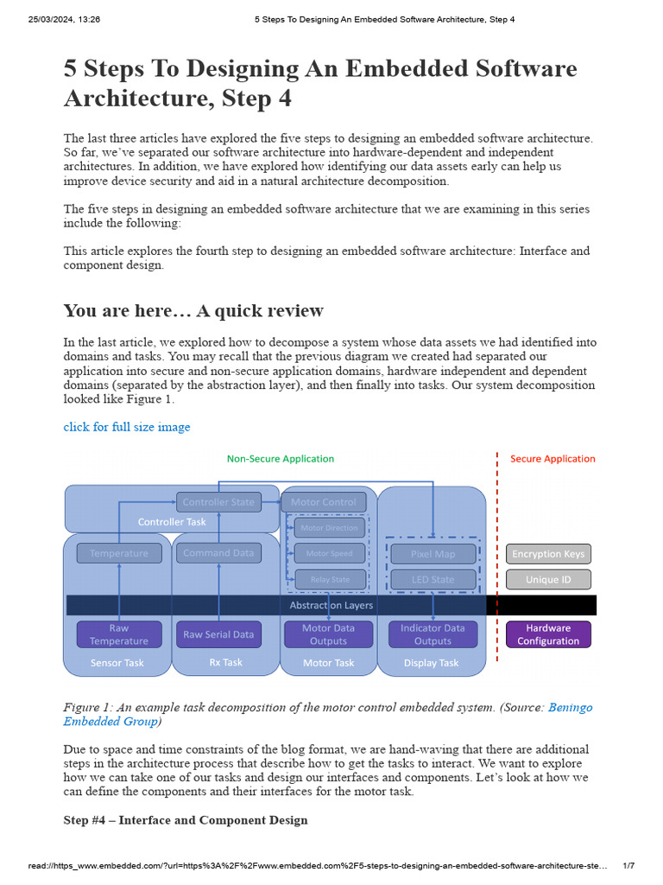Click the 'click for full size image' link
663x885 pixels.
pyautogui.click(x=127, y=427)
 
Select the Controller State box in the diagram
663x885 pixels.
pyautogui.click(x=218, y=502)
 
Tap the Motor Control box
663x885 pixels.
pyautogui.click(x=324, y=502)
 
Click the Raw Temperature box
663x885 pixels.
pyautogui.click(x=119, y=634)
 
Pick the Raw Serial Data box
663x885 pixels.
pyautogui.click(x=218, y=634)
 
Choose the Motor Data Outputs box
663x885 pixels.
pyautogui.click(x=328, y=634)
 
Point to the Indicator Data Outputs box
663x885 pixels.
pyautogui.click(x=433, y=634)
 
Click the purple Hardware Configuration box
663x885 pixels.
pyautogui.click(x=548, y=634)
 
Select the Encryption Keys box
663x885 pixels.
pyautogui.click(x=548, y=554)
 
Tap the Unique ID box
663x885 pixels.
pyautogui.click(x=548, y=580)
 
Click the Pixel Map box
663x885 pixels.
pyautogui.click(x=433, y=554)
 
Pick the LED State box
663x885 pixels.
pyautogui.click(x=433, y=579)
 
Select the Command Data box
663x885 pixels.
pyautogui.click(x=218, y=553)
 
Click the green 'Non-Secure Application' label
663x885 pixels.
pyautogui.click(x=281, y=459)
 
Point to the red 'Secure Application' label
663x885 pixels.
pyautogui.click(x=552, y=459)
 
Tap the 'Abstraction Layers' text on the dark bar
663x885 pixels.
pyautogui.click(x=331, y=605)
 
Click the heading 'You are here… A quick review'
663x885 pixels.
pyautogui.click(x=193, y=311)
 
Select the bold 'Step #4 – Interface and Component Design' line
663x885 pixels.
pyautogui.click(x=186, y=820)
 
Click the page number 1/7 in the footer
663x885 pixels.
pyautogui.click(x=628, y=866)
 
